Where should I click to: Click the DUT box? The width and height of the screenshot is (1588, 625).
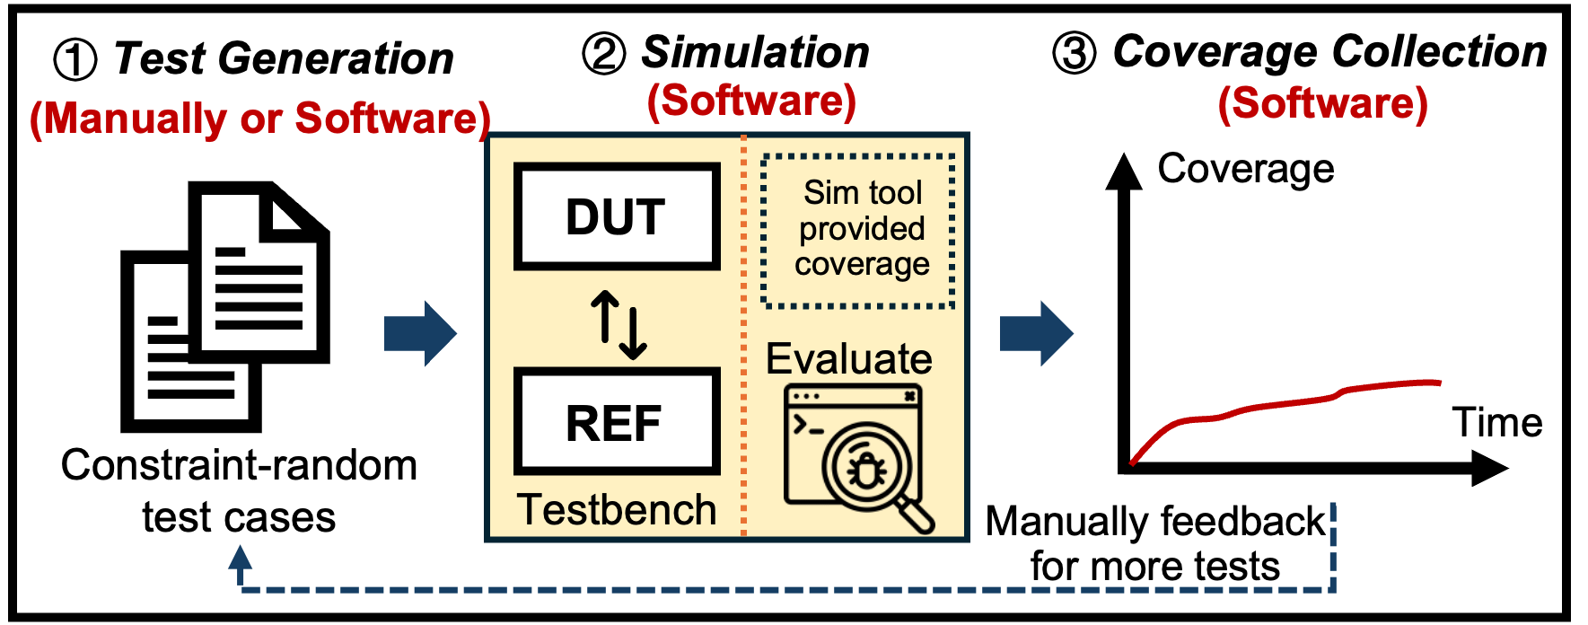tap(617, 216)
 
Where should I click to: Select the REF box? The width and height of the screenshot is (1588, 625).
tap(617, 422)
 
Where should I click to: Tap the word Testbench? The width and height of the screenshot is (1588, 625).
tap(617, 510)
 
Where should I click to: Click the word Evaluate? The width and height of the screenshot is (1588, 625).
tap(848, 359)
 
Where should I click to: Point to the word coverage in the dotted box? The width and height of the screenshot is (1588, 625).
tap(862, 265)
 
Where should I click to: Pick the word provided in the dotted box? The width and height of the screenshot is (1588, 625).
tap(862, 229)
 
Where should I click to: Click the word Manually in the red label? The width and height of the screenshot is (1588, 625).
tap(135, 119)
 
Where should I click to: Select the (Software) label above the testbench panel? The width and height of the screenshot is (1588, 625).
tap(751, 101)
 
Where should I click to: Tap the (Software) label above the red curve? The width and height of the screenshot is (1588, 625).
tap(1322, 104)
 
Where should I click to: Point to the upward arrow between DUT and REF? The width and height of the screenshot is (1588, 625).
tap(604, 314)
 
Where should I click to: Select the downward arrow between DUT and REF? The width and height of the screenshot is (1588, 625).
tap(634, 332)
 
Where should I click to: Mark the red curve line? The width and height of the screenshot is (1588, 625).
tap(1275, 404)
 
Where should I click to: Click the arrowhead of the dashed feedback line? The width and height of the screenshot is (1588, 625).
tap(240, 559)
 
